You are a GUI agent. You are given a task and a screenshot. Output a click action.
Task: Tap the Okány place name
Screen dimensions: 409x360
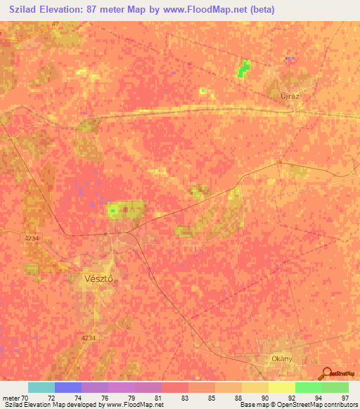pos(281,358)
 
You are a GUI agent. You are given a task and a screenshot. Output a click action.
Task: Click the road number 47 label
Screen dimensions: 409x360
pos(56,24)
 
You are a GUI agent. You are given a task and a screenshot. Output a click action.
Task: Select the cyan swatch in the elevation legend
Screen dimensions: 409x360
pos(41,387)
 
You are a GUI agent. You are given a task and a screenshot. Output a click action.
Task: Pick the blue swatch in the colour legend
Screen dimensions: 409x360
pos(68,387)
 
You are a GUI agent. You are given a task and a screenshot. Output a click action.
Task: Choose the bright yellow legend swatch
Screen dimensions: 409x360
pos(281,387)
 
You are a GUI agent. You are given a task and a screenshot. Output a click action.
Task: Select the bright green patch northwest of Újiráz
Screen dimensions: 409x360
pos(243,69)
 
